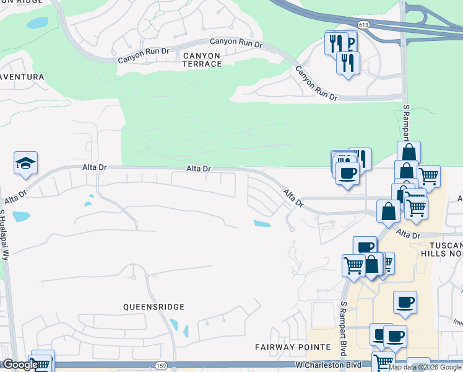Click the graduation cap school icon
(x=25, y=162)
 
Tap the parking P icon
(x=349, y=43)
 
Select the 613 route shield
(x=363, y=25)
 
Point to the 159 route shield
(x=161, y=366)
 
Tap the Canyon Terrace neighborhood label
(x=201, y=60)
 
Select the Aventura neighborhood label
(x=21, y=77)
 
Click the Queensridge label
(x=154, y=306)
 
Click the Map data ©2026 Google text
(x=425, y=367)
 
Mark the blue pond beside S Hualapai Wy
(x=20, y=217)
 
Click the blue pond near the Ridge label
(x=37, y=24)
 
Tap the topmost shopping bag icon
(x=409, y=152)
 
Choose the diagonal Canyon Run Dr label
(x=316, y=84)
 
